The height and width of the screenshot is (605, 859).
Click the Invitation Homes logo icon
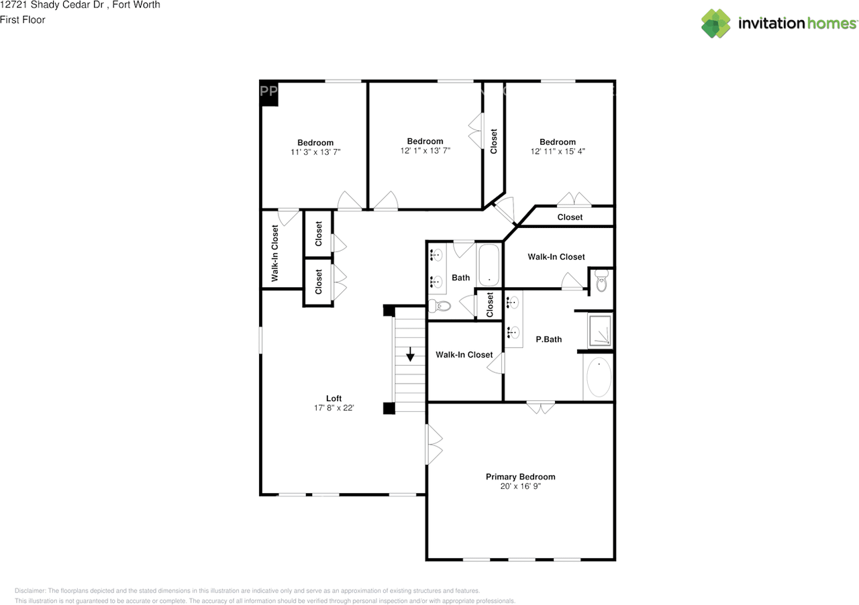(x=715, y=23)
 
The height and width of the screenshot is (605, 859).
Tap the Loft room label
(x=334, y=398)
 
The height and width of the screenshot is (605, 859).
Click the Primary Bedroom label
(x=520, y=477)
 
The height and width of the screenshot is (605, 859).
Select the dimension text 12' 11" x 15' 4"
(x=558, y=152)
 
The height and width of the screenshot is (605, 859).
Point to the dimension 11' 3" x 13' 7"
(x=315, y=152)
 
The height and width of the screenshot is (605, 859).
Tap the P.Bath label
(x=548, y=339)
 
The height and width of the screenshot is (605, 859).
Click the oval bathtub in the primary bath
(x=598, y=378)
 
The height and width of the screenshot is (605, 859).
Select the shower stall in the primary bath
(x=600, y=331)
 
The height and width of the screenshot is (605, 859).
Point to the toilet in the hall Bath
(x=442, y=307)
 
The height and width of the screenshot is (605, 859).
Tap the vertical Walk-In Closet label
(x=275, y=254)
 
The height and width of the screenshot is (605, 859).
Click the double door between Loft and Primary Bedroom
(x=434, y=444)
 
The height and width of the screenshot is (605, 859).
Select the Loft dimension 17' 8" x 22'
(x=334, y=408)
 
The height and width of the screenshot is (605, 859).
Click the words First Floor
(x=23, y=19)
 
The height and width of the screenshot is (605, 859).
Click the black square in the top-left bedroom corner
(x=269, y=94)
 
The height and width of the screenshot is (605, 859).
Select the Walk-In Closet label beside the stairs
(x=464, y=355)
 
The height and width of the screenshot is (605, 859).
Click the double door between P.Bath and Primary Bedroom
(x=540, y=406)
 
